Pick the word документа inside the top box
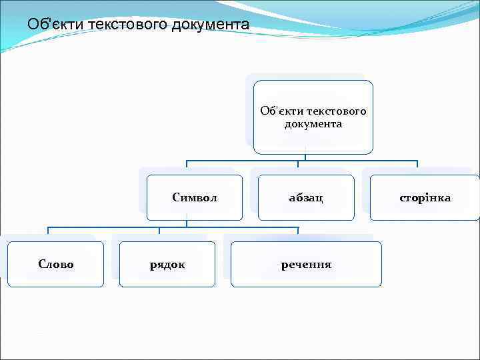click(x=313, y=124)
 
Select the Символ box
click(x=195, y=197)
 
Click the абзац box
click(x=306, y=197)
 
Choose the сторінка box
click(x=425, y=197)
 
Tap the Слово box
click(x=56, y=264)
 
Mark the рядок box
click(x=167, y=264)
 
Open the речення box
click(x=306, y=264)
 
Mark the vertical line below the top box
click(x=306, y=157)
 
